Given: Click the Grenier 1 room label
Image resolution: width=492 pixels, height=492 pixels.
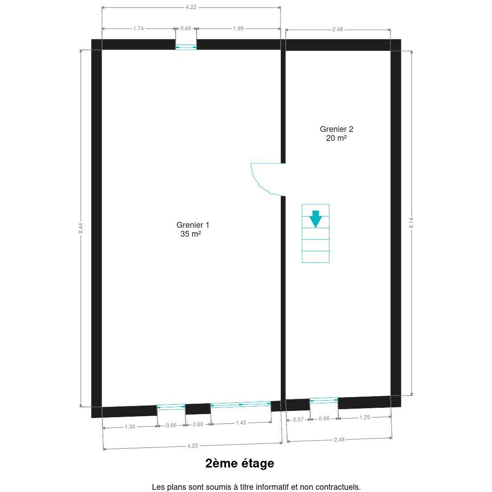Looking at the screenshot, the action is tap(193, 225).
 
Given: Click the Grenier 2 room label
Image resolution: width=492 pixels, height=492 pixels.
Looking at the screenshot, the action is tap(336, 129).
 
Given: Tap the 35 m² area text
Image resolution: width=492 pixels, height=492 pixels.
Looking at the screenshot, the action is tap(190, 234).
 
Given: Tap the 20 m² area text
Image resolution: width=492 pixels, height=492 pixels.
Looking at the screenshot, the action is tap(336, 138).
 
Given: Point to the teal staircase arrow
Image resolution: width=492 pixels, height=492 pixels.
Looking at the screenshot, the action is tap(316, 219).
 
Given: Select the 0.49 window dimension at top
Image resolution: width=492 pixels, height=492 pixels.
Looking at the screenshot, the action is tap(186, 29).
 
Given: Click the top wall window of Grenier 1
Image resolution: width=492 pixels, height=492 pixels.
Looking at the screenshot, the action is tap(186, 47).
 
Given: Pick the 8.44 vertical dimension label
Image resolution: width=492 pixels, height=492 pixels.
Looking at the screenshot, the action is tap(81, 228).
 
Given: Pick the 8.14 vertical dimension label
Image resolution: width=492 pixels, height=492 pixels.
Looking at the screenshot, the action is tap(411, 223).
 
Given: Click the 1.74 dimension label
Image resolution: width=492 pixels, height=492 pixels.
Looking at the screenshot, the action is tap(138, 29).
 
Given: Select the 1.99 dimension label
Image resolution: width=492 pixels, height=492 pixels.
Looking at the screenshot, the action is tap(238, 29).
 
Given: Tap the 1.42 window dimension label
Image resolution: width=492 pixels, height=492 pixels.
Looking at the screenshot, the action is tap(241, 422).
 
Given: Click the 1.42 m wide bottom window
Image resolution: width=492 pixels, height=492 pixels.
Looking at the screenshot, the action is tap(241, 405).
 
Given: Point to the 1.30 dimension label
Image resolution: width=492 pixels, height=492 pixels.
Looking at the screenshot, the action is tap(130, 427).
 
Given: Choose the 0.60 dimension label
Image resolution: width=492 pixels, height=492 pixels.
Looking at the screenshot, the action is tap(198, 425).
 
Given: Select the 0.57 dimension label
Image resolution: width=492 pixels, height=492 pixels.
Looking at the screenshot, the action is tap(299, 419).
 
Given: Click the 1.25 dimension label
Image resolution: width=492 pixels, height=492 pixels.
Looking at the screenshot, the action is tap(365, 417).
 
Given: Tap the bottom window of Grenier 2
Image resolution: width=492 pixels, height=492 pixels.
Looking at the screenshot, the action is tap(324, 401).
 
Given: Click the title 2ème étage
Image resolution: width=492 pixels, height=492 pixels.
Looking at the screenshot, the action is tap(240, 463).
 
